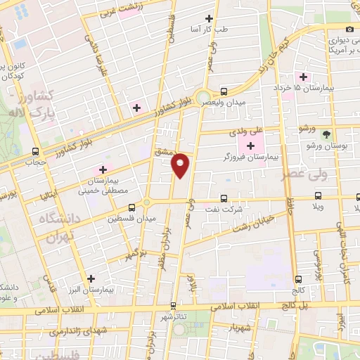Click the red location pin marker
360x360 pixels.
pyautogui.click(x=181, y=165)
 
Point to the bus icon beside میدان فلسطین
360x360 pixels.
pyautogui.click(x=131, y=207)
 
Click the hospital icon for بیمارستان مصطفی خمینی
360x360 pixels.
pyautogui.click(x=102, y=169)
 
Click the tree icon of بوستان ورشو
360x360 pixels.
pyautogui.click(x=326, y=134)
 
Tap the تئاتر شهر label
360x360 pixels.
pyautogui.click(x=174, y=317)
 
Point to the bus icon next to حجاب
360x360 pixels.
pyautogui.click(x=36, y=151)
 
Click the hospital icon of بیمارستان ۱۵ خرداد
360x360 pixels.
pyautogui.click(x=304, y=77)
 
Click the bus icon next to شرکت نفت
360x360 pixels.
pyautogui.click(x=224, y=198)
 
